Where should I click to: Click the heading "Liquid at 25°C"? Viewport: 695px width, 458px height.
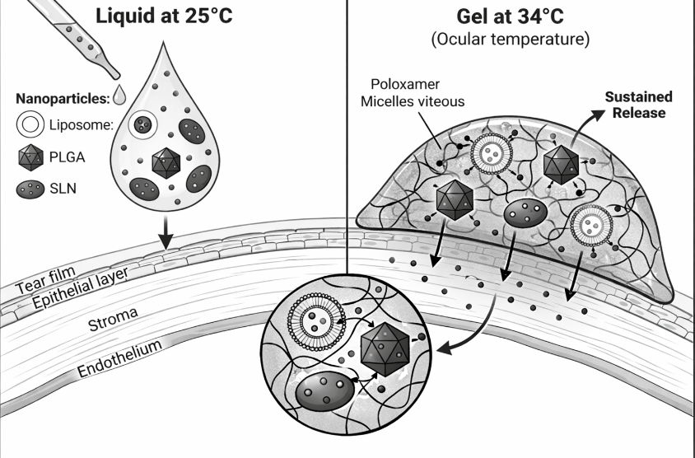(x=164, y=16)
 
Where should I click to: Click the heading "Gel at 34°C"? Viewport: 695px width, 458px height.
(x=511, y=16)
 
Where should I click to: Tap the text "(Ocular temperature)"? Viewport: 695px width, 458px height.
(x=511, y=39)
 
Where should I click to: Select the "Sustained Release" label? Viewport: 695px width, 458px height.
(x=639, y=105)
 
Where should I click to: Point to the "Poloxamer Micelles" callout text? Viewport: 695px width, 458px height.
(x=413, y=92)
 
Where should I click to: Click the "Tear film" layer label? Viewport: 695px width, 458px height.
(x=45, y=280)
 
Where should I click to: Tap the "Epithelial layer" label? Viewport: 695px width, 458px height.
(x=81, y=288)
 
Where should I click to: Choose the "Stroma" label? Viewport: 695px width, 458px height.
(x=113, y=320)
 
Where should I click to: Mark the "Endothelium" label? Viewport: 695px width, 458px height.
(x=119, y=358)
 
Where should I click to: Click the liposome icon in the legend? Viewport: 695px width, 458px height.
(x=30, y=124)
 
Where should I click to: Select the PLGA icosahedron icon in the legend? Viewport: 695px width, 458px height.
(x=31, y=157)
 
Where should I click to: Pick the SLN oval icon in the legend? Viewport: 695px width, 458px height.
(x=30, y=189)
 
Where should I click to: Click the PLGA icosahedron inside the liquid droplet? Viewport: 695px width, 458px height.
(x=166, y=163)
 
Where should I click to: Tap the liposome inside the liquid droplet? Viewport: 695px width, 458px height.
(x=142, y=124)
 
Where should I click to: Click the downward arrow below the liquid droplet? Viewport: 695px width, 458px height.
(x=166, y=232)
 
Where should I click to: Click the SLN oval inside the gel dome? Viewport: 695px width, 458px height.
(x=525, y=213)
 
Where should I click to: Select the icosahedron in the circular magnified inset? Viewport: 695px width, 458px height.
(x=385, y=350)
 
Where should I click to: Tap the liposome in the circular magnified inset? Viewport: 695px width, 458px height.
(x=316, y=321)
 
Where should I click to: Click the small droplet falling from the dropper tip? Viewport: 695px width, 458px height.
(x=119, y=95)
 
